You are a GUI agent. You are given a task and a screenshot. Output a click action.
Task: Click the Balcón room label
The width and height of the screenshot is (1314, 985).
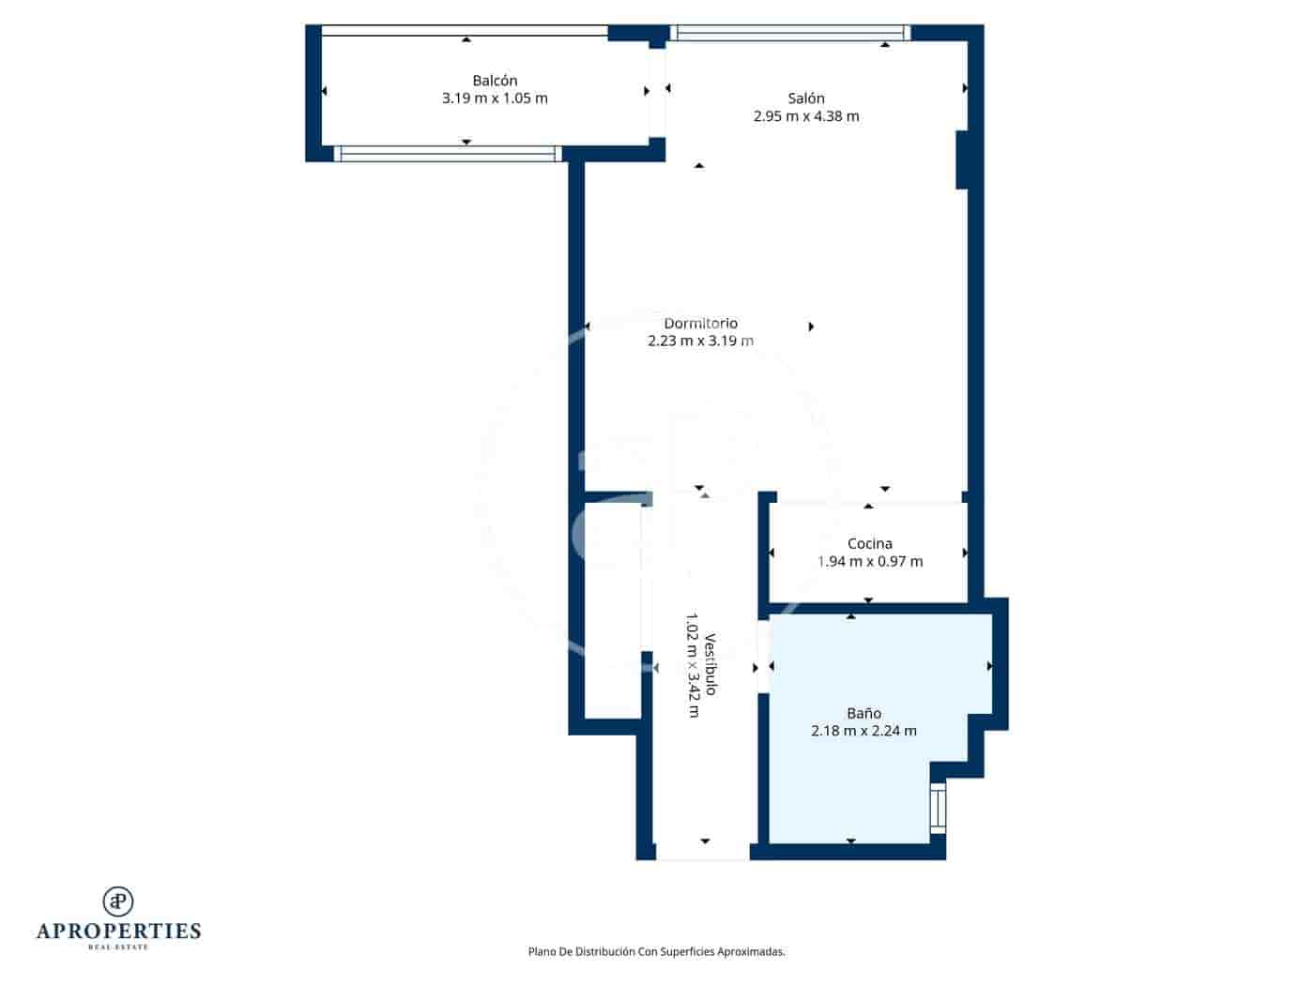point(495,81)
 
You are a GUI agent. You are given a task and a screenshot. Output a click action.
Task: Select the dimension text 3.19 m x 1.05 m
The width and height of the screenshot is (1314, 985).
point(495,98)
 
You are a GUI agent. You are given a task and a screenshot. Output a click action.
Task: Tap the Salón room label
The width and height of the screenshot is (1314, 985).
point(806,98)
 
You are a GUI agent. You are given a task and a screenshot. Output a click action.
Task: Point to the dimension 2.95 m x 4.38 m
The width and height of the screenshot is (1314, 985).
point(806,116)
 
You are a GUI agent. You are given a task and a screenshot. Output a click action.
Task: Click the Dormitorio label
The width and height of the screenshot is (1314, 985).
point(700,324)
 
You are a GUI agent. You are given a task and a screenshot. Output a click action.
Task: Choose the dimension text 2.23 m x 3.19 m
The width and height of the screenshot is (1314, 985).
point(700,341)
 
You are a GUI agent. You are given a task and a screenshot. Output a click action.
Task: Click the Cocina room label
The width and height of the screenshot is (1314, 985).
point(869,544)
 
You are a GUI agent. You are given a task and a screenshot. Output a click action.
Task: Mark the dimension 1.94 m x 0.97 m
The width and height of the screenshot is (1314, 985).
point(869,562)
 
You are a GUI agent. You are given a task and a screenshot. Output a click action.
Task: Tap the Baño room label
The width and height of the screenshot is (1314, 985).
point(863,713)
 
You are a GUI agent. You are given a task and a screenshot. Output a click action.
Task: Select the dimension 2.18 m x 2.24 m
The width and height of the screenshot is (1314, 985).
point(863,731)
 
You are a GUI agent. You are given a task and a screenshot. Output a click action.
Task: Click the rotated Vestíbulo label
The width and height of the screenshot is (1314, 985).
point(710,664)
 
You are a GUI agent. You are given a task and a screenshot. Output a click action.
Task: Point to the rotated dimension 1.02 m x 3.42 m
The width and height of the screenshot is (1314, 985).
point(693,664)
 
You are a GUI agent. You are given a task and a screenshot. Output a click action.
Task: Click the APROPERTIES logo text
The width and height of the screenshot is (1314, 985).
point(118,931)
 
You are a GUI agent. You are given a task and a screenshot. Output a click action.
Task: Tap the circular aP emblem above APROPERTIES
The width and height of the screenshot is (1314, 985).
point(118,901)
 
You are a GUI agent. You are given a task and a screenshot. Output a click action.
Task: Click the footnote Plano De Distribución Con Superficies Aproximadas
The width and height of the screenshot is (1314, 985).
point(656,951)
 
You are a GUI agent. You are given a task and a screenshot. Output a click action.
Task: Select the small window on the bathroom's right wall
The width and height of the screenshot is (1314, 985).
point(938,808)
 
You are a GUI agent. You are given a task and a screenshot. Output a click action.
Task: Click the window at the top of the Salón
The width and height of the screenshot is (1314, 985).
point(791,33)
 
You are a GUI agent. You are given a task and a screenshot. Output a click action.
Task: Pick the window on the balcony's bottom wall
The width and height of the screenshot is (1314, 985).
point(448,154)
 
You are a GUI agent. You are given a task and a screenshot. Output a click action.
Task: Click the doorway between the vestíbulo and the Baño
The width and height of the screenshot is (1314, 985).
point(763,667)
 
